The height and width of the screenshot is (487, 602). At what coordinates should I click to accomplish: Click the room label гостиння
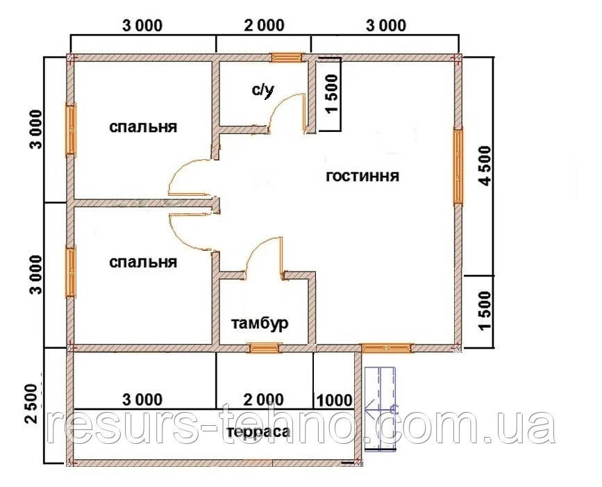[x=362, y=176]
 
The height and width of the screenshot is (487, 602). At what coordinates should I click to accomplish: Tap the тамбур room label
[x=260, y=324]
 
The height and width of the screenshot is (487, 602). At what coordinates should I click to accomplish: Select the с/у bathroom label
[x=263, y=90]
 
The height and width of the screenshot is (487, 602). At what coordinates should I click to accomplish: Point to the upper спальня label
[x=143, y=126]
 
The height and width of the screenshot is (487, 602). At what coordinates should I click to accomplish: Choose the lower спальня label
[x=143, y=263]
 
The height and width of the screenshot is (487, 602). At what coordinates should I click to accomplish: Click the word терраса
[x=258, y=432]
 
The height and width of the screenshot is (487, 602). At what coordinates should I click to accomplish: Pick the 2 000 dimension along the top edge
[x=264, y=26]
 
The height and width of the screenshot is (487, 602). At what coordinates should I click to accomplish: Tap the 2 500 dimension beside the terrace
[x=31, y=402]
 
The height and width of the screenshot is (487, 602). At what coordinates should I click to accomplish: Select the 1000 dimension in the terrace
[x=333, y=400]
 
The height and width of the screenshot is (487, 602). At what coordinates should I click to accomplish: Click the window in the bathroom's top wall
[x=286, y=58]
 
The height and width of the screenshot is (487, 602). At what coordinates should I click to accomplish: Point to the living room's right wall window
[x=458, y=166]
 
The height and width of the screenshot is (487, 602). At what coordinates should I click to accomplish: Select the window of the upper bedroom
[x=71, y=129]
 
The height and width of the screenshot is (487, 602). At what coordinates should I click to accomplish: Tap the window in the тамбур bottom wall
[x=264, y=348]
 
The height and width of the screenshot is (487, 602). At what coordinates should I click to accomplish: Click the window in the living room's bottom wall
[x=387, y=348]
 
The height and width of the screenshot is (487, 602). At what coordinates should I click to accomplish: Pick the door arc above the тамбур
[x=256, y=249]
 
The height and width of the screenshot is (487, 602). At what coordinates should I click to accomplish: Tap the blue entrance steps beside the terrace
[x=380, y=408]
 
